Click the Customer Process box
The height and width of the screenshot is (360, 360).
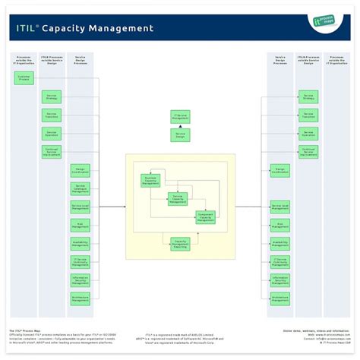pyautogui.click(x=23, y=77)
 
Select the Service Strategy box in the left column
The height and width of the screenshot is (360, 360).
pyautogui.click(x=52, y=97)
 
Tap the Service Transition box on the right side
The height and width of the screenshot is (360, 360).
pyautogui.click(x=308, y=115)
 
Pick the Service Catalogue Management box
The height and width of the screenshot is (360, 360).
pyautogui.click(x=81, y=188)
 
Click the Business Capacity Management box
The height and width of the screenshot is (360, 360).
pyautogui.click(x=150, y=180)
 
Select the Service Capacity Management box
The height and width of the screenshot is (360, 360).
pyautogui.click(x=178, y=199)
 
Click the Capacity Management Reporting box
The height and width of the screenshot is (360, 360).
pyautogui.click(x=179, y=243)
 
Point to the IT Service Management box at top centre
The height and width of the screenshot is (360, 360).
pyautogui.click(x=180, y=117)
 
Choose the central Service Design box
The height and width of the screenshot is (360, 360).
pyautogui.click(x=180, y=134)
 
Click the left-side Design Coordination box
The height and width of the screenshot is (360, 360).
pyautogui.click(x=81, y=170)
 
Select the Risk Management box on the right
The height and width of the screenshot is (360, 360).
pyautogui.click(x=279, y=225)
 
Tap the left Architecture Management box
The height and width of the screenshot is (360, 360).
pyautogui.click(x=81, y=298)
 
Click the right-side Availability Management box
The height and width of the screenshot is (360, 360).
pyautogui.click(x=279, y=243)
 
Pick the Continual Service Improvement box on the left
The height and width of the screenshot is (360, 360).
pyautogui.click(x=52, y=152)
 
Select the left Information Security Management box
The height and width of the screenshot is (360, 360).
pyautogui.click(x=81, y=279)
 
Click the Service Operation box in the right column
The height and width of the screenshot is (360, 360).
pyautogui.click(x=308, y=134)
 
